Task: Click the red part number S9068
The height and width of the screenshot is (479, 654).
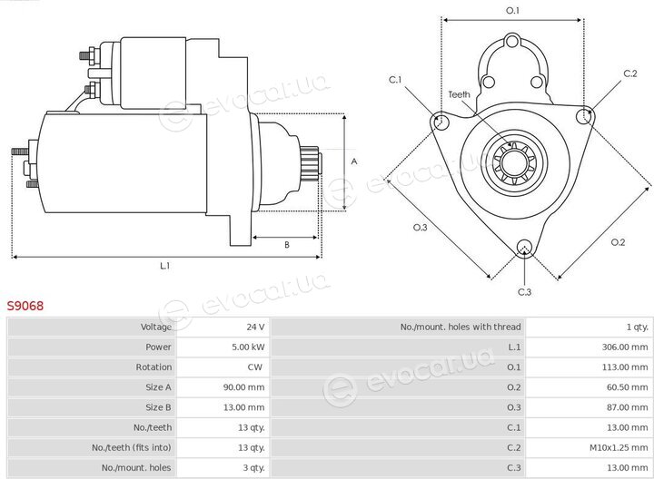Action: click(x=25, y=306)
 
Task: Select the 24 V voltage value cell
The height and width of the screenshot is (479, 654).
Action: click(x=255, y=327)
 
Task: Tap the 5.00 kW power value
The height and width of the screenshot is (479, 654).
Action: click(x=248, y=347)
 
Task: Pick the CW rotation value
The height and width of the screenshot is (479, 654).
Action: click(x=255, y=367)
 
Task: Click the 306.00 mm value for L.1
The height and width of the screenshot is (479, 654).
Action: click(x=625, y=347)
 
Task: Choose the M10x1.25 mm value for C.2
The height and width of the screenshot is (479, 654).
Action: click(x=619, y=448)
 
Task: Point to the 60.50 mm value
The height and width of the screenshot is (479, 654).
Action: click(x=628, y=387)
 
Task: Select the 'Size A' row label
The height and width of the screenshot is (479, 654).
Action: click(x=158, y=387)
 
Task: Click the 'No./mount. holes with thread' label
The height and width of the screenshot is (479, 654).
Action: click(x=461, y=327)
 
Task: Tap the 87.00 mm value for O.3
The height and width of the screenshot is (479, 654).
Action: click(x=628, y=407)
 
